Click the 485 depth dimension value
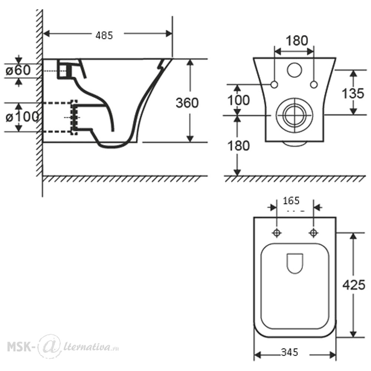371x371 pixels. [104, 36]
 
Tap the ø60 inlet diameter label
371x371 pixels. [18, 70]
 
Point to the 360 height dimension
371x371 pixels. [187, 103]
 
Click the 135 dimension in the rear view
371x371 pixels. [353, 93]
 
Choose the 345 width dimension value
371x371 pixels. [290, 352]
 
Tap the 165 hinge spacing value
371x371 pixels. [291, 201]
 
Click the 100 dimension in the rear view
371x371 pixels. [239, 100]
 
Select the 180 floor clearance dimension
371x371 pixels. [239, 146]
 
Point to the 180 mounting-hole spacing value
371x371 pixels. [297, 41]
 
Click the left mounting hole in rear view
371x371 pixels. [274, 85]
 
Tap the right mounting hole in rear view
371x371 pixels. [314, 85]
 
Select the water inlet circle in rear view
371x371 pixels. [294, 70]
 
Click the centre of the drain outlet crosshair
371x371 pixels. [294, 115]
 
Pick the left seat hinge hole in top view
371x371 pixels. [277, 233]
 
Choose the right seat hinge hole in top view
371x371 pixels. [313, 233]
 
